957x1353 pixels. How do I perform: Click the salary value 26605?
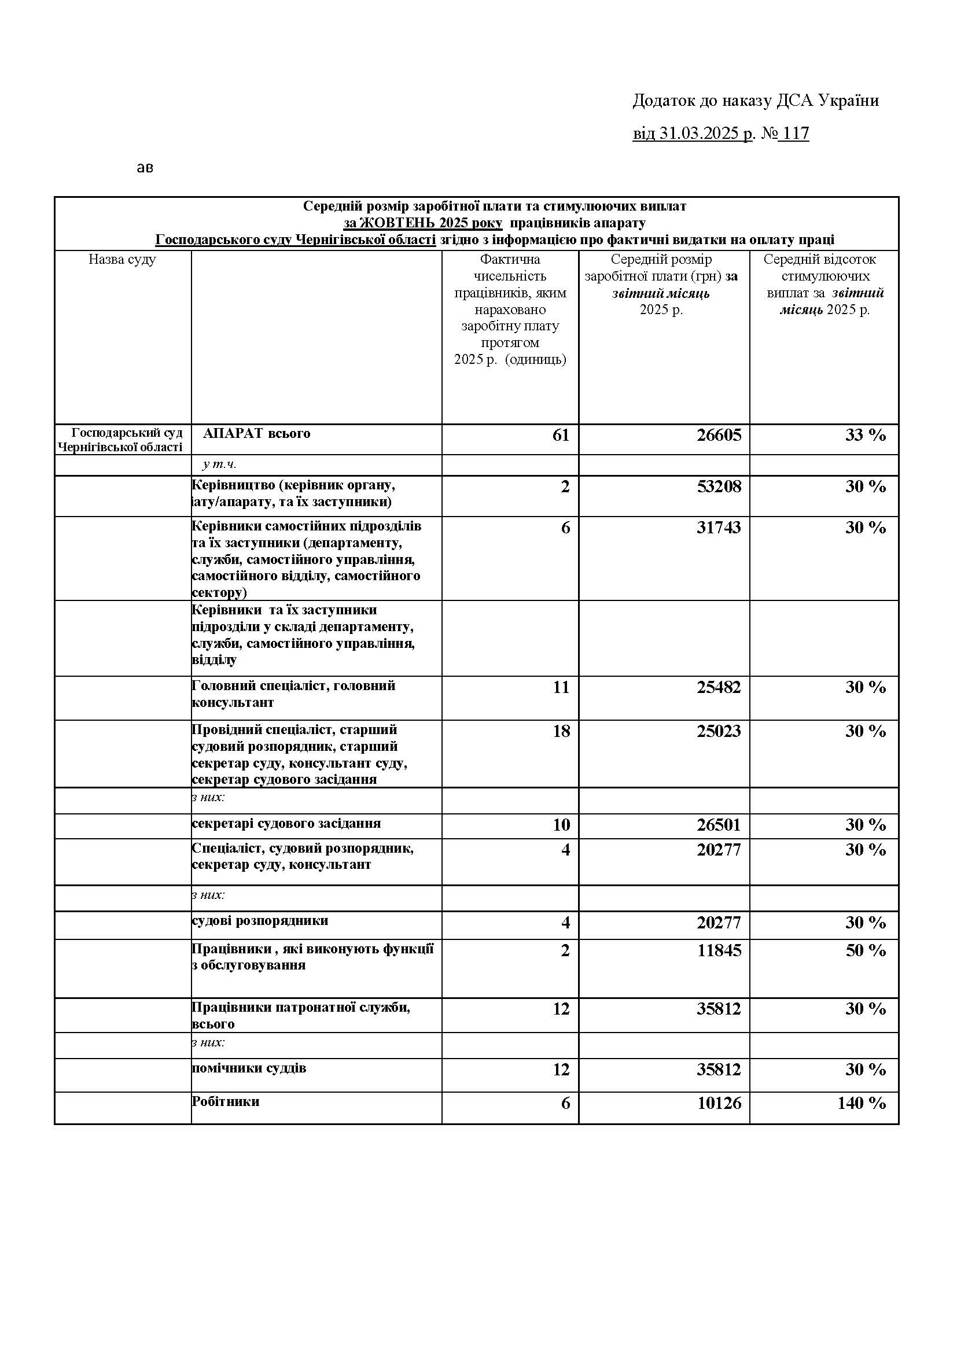click(x=719, y=436)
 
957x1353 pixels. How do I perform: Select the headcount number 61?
click(x=561, y=436)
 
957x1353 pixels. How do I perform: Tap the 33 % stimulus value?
click(x=865, y=436)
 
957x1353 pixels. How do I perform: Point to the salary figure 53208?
click(x=719, y=486)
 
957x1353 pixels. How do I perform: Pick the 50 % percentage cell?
click(x=865, y=950)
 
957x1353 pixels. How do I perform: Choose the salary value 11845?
click(x=719, y=950)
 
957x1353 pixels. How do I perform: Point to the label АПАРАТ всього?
click(x=256, y=434)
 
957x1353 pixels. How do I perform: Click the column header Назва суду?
click(x=123, y=260)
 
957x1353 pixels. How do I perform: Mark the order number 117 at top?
click(x=796, y=134)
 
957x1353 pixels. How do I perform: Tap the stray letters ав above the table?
click(x=145, y=168)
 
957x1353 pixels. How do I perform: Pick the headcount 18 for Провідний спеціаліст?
click(x=561, y=731)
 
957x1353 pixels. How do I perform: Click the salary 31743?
click(x=719, y=528)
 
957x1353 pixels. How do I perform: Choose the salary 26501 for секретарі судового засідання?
click(x=719, y=825)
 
